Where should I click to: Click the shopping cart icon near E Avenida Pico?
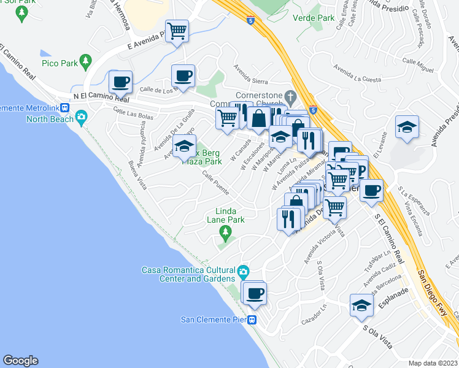[177, 30]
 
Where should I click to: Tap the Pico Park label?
[59, 63]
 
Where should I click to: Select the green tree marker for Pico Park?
[85, 61]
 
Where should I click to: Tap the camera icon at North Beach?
[81, 118]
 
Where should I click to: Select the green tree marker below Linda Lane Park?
[226, 231]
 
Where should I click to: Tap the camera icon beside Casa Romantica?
[243, 270]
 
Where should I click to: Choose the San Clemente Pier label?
[214, 319]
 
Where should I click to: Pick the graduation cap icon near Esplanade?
[362, 305]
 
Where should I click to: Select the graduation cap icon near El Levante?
[406, 126]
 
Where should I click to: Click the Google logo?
[20, 361]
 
